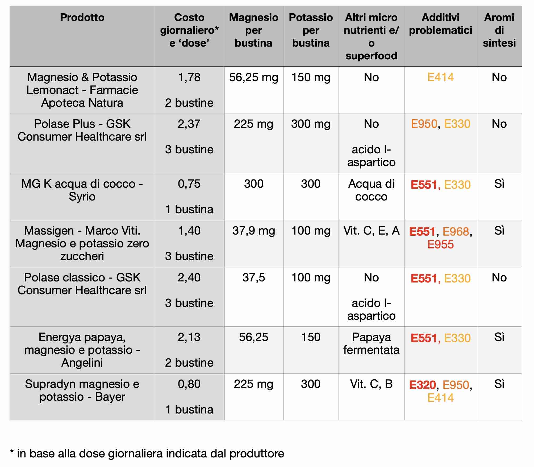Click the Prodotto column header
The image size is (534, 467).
(82, 18)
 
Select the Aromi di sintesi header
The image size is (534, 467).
(499, 30)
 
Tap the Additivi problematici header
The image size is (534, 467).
(440, 24)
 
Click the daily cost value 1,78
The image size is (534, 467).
(189, 77)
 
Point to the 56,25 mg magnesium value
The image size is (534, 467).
(253, 77)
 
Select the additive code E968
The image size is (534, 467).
(456, 232)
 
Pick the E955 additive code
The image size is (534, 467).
(440, 244)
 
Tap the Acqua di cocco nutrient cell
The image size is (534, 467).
(371, 190)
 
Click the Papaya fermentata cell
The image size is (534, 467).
(371, 343)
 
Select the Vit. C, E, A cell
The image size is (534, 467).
(371, 231)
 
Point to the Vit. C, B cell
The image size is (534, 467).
(371, 384)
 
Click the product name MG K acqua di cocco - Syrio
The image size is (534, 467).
(82, 190)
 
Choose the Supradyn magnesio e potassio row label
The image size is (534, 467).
(82, 390)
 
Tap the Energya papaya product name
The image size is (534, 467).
(82, 350)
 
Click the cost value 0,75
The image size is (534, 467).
(189, 184)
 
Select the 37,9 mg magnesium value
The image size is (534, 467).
(253, 231)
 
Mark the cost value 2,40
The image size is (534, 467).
(189, 278)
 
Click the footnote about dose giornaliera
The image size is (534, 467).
(147, 453)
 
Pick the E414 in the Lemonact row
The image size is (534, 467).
(440, 77)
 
